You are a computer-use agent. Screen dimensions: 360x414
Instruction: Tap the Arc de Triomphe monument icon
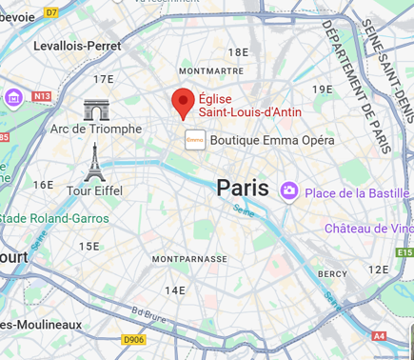pyautogui.click(x=96, y=110)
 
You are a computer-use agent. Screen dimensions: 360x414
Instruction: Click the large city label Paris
pyautogui.click(x=243, y=188)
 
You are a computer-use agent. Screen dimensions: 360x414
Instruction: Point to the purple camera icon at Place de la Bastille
pyautogui.click(x=288, y=192)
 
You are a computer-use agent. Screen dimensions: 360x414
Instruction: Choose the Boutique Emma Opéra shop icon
pyautogui.click(x=195, y=140)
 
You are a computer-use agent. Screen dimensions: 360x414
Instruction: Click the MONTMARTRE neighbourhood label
pyautogui.click(x=209, y=71)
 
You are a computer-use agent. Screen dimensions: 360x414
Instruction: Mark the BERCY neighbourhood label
pyautogui.click(x=332, y=273)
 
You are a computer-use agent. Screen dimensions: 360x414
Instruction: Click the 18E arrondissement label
pyautogui.click(x=237, y=52)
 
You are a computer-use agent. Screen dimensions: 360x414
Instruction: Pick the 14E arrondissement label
pyautogui.click(x=175, y=290)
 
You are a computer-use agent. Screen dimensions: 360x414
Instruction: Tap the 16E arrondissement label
pyautogui.click(x=43, y=185)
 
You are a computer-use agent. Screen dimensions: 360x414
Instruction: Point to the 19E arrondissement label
pyautogui.click(x=323, y=89)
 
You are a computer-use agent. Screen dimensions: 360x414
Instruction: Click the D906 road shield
pyautogui.click(x=134, y=339)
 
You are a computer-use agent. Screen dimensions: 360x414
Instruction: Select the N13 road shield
pyautogui.click(x=41, y=96)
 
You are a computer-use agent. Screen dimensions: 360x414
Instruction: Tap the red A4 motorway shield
pyautogui.click(x=379, y=335)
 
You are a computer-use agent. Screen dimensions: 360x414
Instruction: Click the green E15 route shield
pyautogui.click(x=404, y=252)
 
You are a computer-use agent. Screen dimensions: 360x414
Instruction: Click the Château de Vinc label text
pyautogui.click(x=368, y=229)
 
